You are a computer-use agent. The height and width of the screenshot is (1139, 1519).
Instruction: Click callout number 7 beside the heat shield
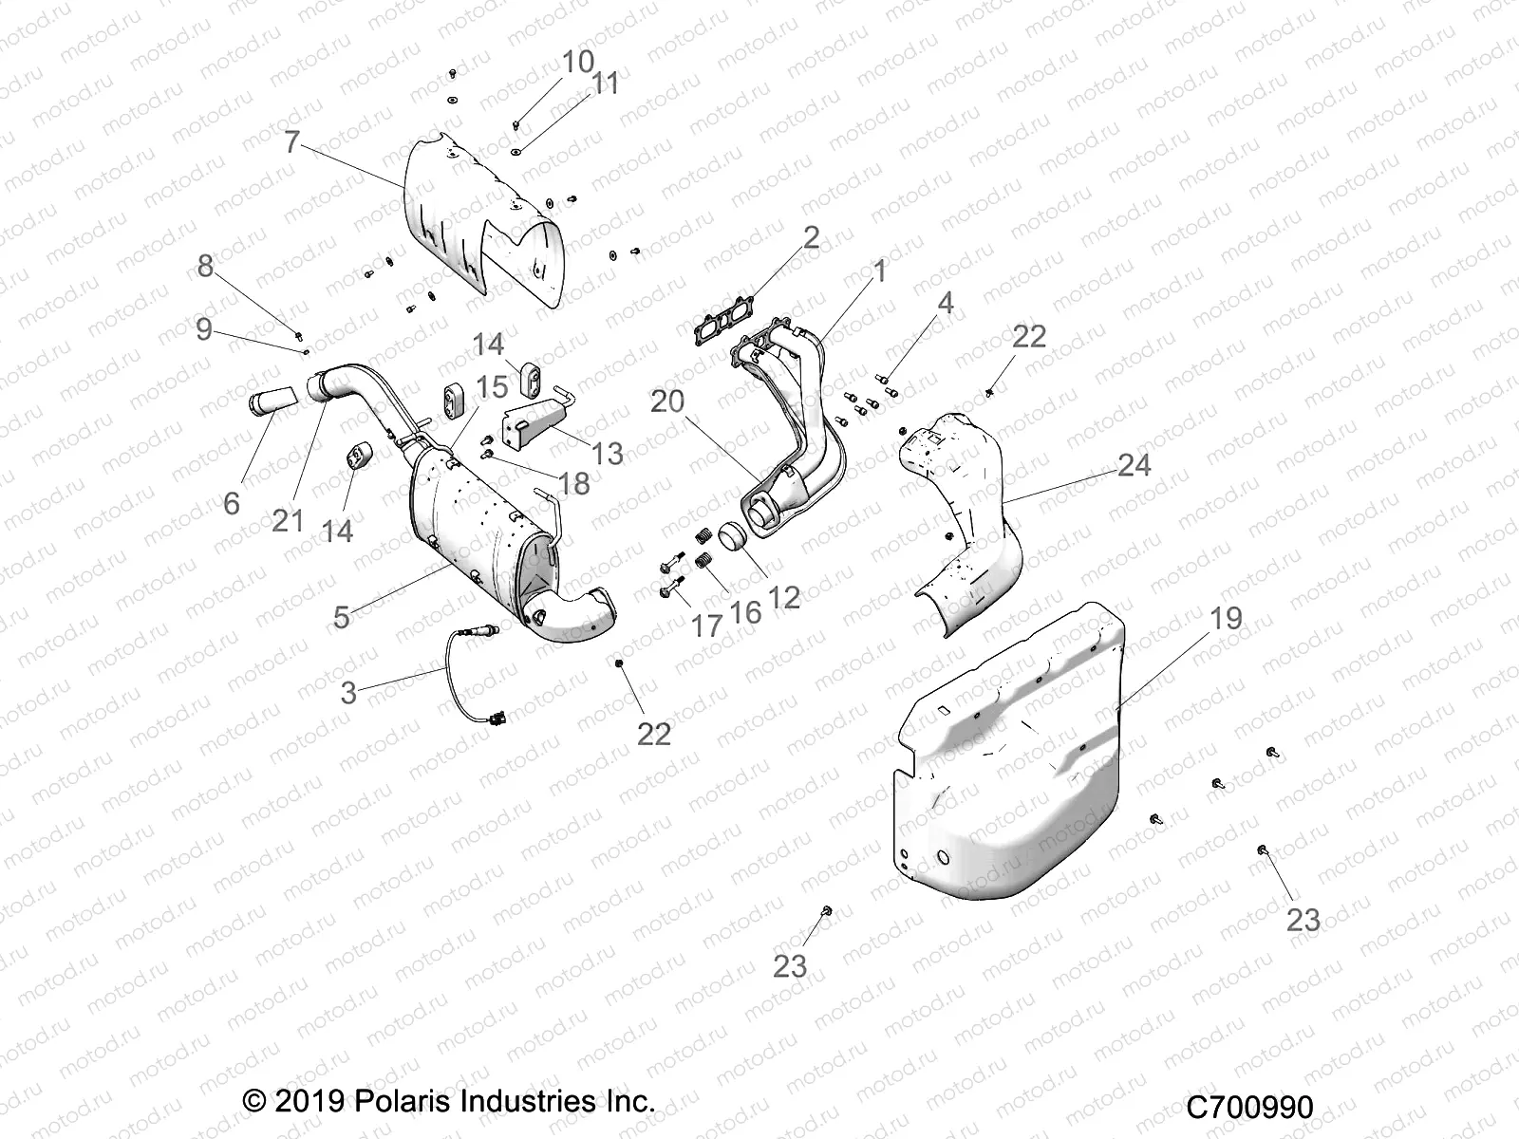tap(291, 142)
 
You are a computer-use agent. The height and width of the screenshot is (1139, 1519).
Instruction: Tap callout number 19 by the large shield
tap(1226, 619)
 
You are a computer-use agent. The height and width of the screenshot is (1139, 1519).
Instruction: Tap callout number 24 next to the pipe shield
tap(1134, 465)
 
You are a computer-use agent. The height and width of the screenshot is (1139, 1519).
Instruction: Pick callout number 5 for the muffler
tap(342, 618)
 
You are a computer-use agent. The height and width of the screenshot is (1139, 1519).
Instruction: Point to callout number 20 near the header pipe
tap(694, 401)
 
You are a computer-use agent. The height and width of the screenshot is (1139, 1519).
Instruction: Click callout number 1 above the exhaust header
tap(879, 272)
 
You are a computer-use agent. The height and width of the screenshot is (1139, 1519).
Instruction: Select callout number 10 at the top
tap(578, 64)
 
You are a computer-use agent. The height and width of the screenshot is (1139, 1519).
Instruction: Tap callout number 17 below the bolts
tap(706, 626)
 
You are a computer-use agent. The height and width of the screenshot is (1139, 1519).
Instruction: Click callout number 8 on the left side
tap(206, 268)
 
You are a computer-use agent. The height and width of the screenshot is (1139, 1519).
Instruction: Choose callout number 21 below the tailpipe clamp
tap(288, 520)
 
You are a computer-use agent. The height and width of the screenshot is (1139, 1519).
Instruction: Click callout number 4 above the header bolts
tap(945, 304)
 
